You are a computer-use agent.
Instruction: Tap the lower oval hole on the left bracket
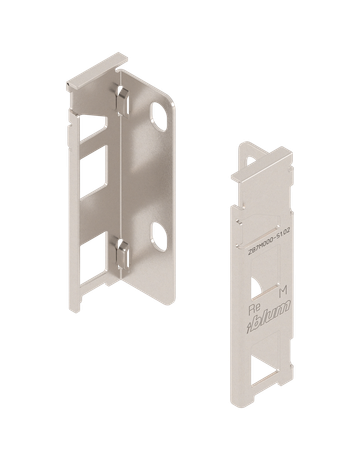point(159,237)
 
